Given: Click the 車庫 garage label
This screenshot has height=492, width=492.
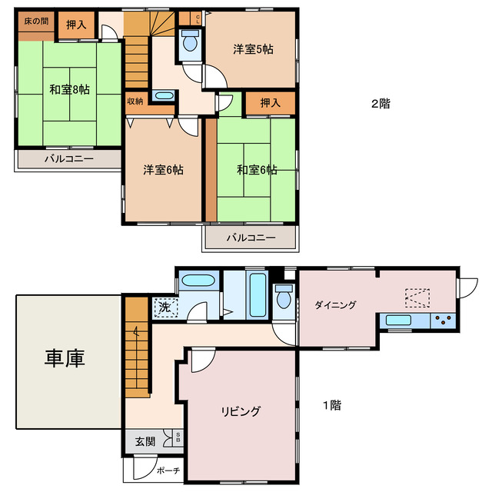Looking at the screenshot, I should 64,357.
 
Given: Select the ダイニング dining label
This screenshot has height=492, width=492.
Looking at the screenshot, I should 335,305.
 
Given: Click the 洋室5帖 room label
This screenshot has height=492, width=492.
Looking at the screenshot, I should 254,49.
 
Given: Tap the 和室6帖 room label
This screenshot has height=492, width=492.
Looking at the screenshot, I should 257,169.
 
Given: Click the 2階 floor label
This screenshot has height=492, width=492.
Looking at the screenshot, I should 380,104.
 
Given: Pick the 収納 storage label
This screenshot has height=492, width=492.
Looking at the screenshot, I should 135,99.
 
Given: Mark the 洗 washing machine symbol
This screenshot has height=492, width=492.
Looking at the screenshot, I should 165,307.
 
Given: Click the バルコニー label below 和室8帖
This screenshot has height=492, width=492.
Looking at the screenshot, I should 68,159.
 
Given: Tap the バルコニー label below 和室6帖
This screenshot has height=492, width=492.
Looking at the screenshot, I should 250,238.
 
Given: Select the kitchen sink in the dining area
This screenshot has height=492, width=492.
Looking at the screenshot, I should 401,321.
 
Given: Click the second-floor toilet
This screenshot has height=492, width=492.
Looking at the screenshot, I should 189,44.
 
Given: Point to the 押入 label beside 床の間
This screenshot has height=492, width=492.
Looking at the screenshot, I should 75,25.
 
